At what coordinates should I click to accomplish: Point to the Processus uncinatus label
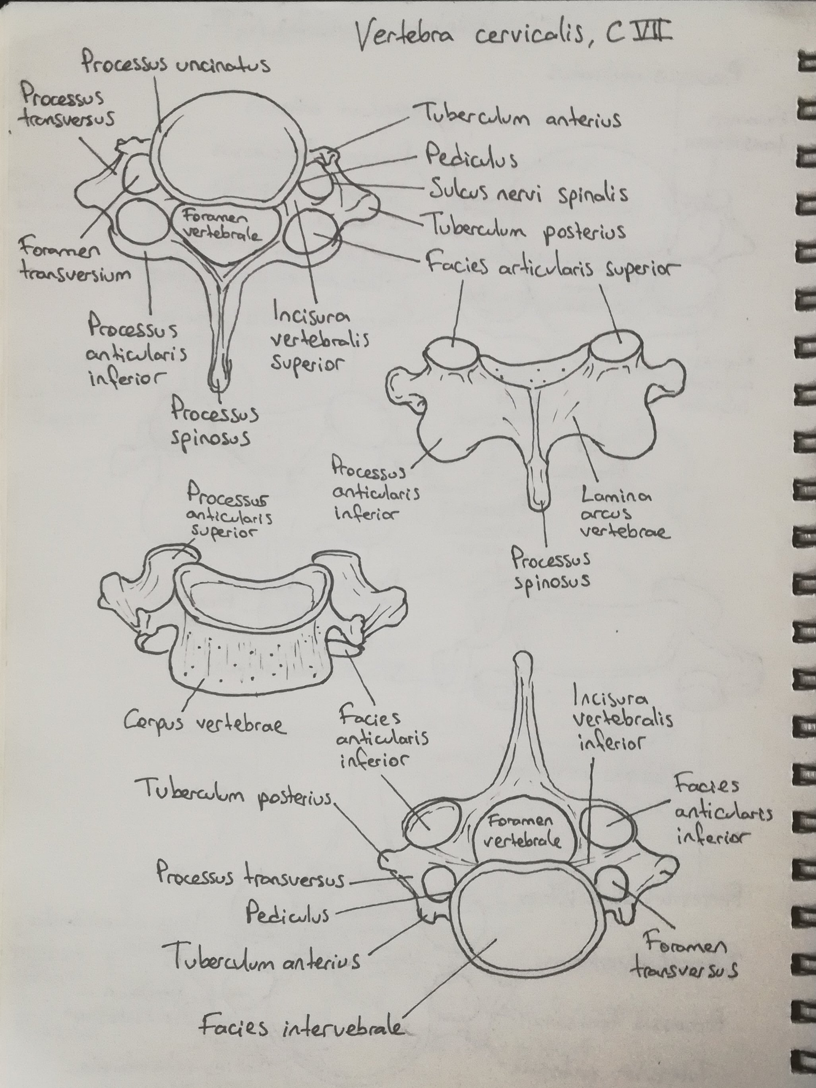[175, 64]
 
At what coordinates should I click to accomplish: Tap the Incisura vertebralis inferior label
[622, 721]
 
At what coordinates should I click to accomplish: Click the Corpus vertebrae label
[204, 723]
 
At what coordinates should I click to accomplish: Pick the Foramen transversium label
[74, 261]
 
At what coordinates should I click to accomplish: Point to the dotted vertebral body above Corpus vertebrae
[246, 659]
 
